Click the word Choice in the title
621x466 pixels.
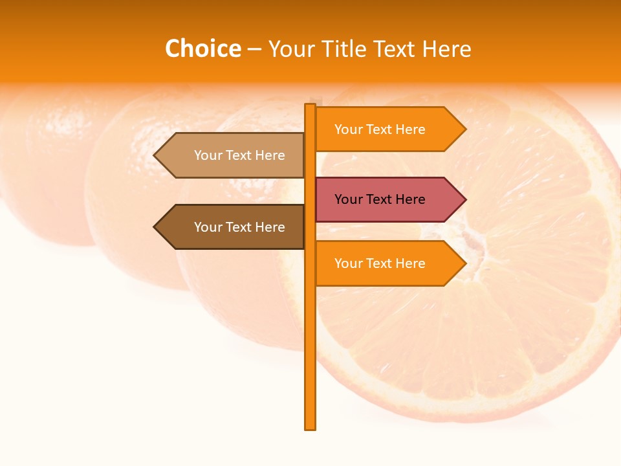point(202,49)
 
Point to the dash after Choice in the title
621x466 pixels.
point(254,49)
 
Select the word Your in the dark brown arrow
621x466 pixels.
point(208,227)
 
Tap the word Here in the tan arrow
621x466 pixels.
point(271,155)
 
